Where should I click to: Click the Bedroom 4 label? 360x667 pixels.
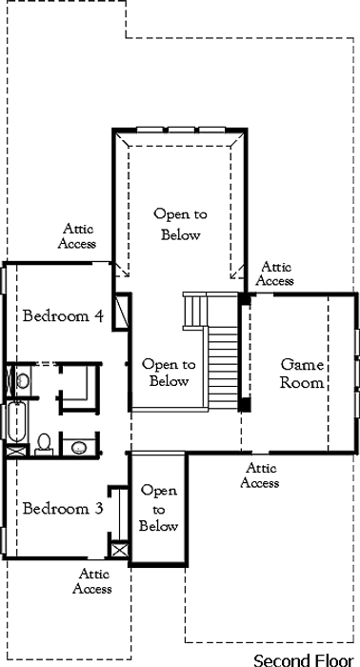[63, 316]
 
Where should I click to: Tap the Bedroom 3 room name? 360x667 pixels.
[63, 508]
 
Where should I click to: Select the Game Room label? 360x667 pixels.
[302, 374]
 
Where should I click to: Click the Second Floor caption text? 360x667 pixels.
[304, 659]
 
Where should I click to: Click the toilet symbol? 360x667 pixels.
[44, 444]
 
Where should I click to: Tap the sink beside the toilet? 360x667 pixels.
[79, 447]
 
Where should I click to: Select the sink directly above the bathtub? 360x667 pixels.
[23, 380]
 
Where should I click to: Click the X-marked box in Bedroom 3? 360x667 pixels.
[119, 549]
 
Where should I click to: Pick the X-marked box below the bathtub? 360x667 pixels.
[16, 451]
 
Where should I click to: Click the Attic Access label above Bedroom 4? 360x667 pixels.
[77, 236]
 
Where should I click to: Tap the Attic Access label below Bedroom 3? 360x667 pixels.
[92, 581]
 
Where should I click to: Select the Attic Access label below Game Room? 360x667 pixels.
[260, 475]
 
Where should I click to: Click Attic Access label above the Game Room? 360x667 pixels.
[275, 274]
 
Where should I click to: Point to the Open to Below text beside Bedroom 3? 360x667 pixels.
[158, 509]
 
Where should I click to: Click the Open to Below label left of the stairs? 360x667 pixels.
[169, 374]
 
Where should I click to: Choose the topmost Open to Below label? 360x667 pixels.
[181, 224]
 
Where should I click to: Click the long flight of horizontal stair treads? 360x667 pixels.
[223, 368]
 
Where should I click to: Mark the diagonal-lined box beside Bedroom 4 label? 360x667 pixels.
[120, 311]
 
